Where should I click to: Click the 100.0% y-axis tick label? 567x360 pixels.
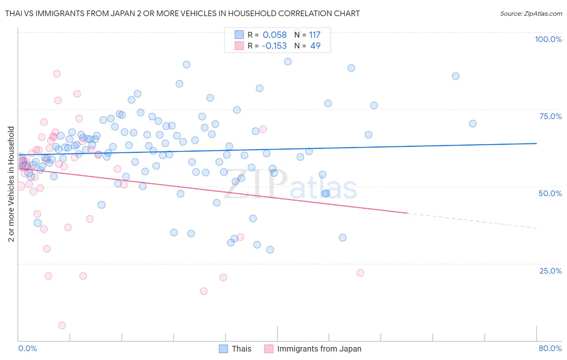[x=548, y=39]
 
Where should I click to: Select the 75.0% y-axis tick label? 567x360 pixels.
[x=550, y=116]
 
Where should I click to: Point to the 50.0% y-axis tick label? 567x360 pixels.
[x=550, y=193]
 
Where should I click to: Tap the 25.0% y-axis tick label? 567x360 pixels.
[x=550, y=271]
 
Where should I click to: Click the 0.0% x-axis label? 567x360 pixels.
[x=27, y=348]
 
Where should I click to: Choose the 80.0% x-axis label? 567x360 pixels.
[x=550, y=348]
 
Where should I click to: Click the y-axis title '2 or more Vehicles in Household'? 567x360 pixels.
[x=11, y=184]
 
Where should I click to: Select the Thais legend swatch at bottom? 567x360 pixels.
[x=223, y=349]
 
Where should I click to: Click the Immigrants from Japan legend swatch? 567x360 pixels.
[x=269, y=349]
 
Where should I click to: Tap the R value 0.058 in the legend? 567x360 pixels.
[x=275, y=35]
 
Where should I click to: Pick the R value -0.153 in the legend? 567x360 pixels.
[x=274, y=46]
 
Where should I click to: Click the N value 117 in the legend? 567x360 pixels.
[x=315, y=35]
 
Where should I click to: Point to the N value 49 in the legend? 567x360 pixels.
[x=315, y=46]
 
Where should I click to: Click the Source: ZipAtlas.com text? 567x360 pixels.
[x=531, y=14]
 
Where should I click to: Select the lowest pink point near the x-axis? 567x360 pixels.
[x=62, y=325]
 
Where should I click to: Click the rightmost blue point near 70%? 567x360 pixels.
[x=473, y=124]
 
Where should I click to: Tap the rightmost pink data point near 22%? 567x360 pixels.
[x=360, y=273]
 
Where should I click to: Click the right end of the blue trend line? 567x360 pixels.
[x=536, y=143]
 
